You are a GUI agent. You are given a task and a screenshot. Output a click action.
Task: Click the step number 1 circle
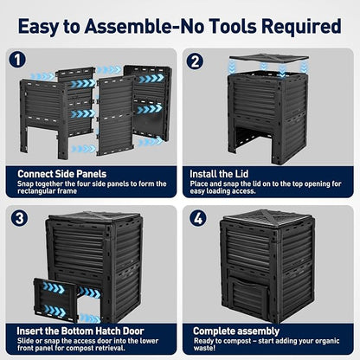(x=17, y=60)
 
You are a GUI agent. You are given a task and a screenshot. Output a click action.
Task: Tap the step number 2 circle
(x=195, y=61)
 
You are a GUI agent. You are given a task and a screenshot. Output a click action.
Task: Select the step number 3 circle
(x=19, y=218)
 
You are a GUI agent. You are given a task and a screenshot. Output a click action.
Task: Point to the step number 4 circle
(x=198, y=218)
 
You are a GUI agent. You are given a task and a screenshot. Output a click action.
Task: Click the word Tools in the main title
(x=233, y=26)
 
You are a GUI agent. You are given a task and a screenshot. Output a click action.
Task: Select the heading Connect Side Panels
(x=61, y=174)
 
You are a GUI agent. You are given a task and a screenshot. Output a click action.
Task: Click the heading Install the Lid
(x=219, y=174)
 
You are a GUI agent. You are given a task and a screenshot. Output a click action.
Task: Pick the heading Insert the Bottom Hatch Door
(x=80, y=331)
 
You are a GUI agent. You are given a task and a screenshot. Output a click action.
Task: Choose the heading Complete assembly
(x=236, y=331)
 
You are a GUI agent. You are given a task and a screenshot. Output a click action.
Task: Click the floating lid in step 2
(x=269, y=57)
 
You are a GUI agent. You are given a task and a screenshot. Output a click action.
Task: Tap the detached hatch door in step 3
(x=55, y=300)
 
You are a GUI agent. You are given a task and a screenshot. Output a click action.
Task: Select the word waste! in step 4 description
(x=204, y=348)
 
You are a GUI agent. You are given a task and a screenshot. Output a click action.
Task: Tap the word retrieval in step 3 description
(x=110, y=348)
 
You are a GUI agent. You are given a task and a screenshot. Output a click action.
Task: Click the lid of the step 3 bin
(x=93, y=219)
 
